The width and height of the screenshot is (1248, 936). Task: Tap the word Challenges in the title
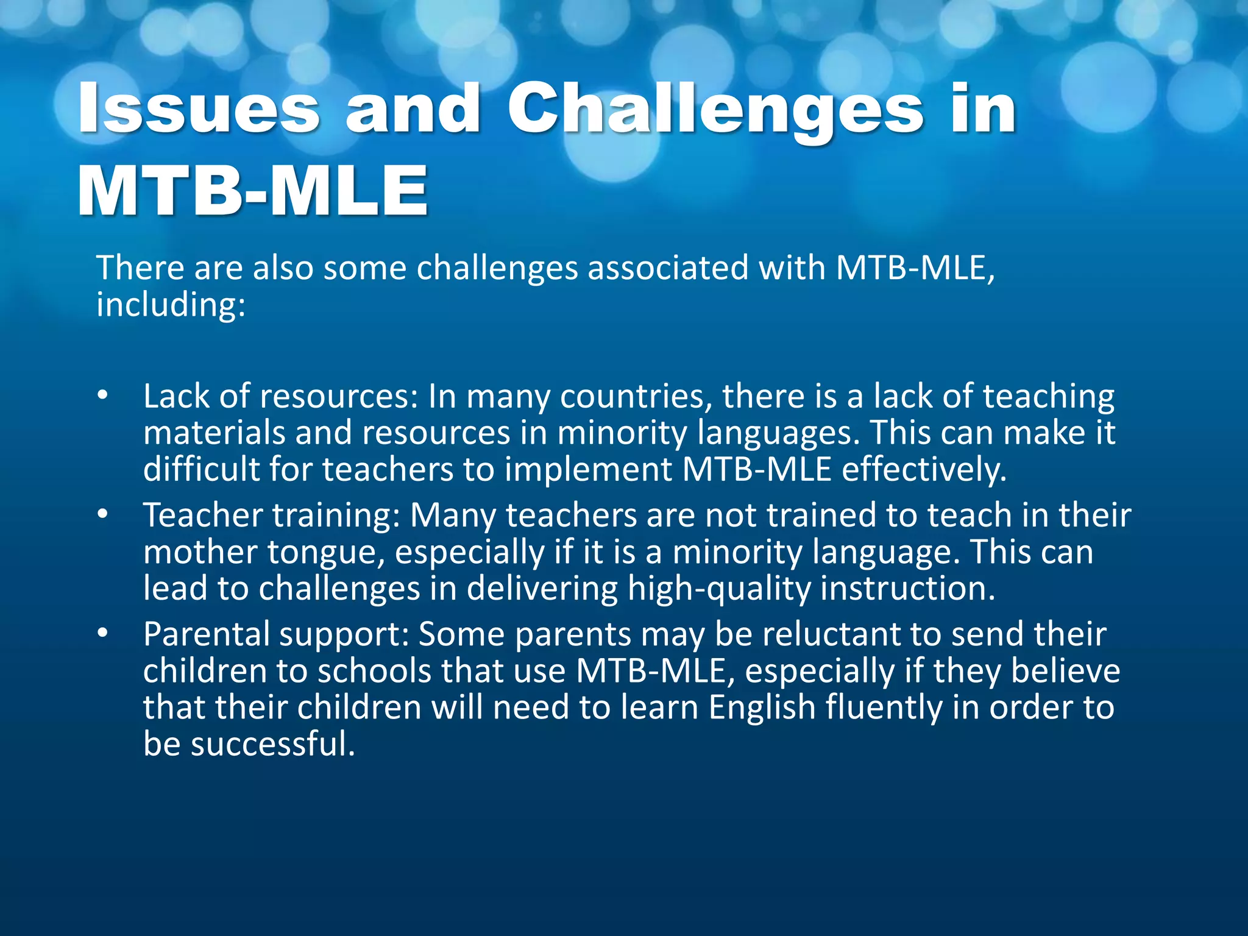click(x=715, y=110)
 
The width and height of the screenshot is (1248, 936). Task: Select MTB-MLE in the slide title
click(x=253, y=191)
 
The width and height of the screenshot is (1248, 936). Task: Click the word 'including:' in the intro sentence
click(x=171, y=305)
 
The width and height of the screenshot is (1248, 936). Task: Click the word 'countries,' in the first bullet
click(x=636, y=397)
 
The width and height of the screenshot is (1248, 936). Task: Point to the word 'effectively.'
click(x=924, y=470)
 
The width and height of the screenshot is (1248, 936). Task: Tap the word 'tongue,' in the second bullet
click(x=325, y=553)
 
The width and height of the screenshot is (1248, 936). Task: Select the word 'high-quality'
click(x=719, y=589)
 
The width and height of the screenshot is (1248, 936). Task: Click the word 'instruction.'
click(x=908, y=589)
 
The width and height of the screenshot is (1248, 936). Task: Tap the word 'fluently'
click(x=884, y=708)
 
